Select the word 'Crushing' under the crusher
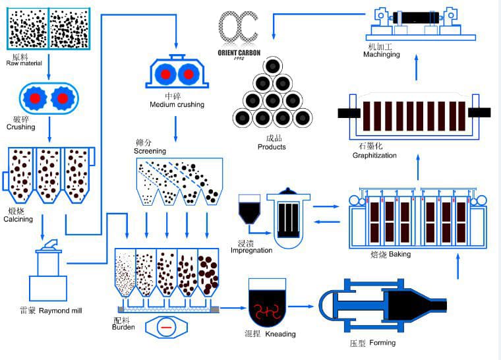click(x=20, y=127)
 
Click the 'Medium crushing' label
click(x=177, y=104)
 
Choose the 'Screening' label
click(x=150, y=151)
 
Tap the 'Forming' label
click(x=382, y=343)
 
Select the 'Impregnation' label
click(x=251, y=251)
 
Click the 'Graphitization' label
click(x=374, y=156)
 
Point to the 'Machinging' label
click(x=381, y=54)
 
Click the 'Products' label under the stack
click(x=272, y=146)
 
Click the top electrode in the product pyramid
click(x=272, y=66)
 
